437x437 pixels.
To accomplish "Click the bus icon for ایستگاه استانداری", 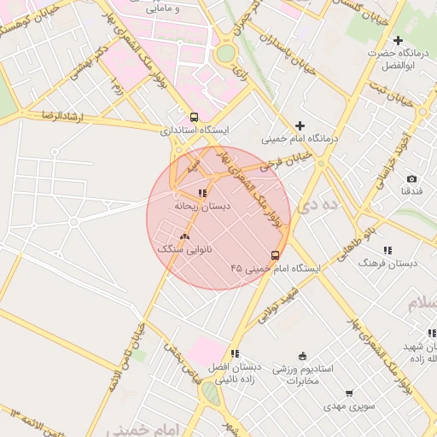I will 195,117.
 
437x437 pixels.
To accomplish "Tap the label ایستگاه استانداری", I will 195,131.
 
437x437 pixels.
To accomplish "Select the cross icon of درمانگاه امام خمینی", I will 300,125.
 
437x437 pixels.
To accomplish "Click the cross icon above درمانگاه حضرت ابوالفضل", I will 398,40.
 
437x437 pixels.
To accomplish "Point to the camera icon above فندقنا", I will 411,178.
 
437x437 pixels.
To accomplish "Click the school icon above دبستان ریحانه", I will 202,193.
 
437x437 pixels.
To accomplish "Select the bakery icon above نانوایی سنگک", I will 184,236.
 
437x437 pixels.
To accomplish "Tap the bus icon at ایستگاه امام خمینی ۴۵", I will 275,254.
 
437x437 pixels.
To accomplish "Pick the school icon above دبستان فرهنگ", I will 387,250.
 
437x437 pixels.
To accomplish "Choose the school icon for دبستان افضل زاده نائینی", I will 235,353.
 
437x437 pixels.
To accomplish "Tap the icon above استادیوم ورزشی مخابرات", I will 302,356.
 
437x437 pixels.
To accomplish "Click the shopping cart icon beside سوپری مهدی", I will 350,393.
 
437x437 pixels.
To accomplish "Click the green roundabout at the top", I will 225,54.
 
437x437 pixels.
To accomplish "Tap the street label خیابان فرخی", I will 288,160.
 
